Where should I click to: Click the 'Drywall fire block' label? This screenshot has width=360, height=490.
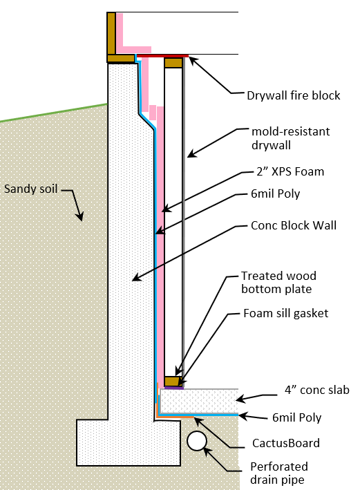coord(293,95)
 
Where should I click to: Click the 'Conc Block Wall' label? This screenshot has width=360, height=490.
coord(294,225)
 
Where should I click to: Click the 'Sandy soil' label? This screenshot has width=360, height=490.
coord(34,188)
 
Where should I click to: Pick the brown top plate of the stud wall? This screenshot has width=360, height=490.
coord(173,63)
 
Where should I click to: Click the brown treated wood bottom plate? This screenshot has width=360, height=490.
coord(173,381)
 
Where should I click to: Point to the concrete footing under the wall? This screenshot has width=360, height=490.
coord(127,442)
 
